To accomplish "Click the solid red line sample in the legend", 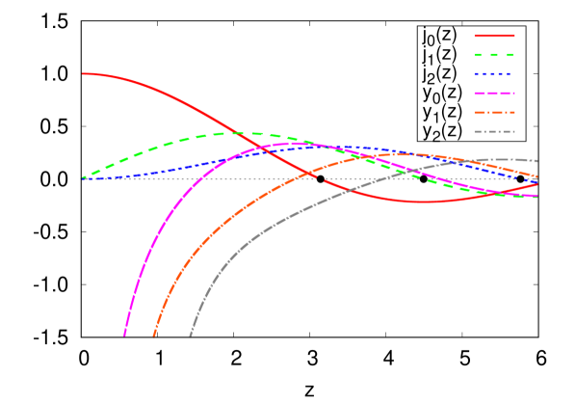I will pyautogui.click(x=494, y=36).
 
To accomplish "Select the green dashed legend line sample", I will pyautogui.click(x=494, y=55).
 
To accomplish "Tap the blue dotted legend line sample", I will pyautogui.click(x=494, y=74).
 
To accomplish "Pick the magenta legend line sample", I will pyautogui.click(x=494, y=94).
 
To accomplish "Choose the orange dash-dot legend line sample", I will pyautogui.click(x=494, y=113).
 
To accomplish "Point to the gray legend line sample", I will pyautogui.click(x=494, y=132).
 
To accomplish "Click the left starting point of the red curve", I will pyautogui.click(x=84, y=73).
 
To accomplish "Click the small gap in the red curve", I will pyautogui.click(x=320, y=178).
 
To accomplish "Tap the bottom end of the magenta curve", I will pyautogui.click(x=124, y=336).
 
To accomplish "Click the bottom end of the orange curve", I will pyautogui.click(x=154, y=336).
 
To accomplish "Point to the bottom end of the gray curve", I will pyautogui.click(x=191, y=336).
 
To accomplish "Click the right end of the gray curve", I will pyautogui.click(x=537, y=161).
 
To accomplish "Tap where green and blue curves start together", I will pyautogui.click(x=84, y=178).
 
